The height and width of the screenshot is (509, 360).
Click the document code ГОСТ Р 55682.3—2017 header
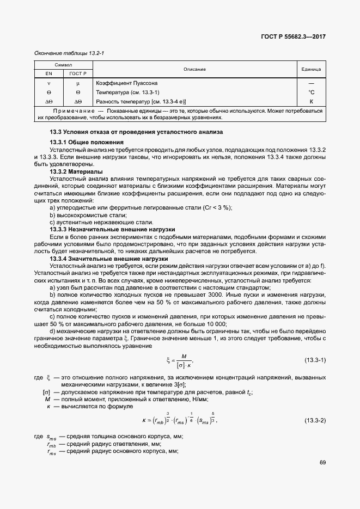(x=293, y=37)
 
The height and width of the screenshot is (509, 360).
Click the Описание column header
(x=194, y=69)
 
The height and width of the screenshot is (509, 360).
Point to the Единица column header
(x=311, y=69)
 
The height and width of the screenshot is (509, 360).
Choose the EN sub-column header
(x=48, y=73)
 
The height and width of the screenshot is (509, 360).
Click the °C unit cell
(x=312, y=92)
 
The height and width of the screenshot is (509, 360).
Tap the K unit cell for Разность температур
(x=312, y=101)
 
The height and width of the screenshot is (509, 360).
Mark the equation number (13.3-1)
(x=314, y=360)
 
